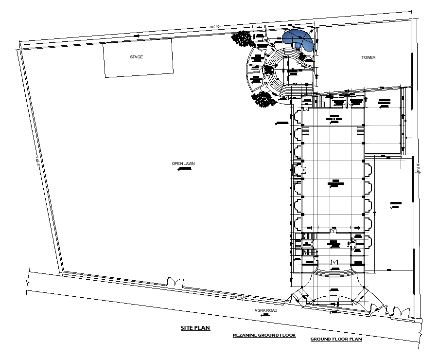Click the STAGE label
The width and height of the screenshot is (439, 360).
pos(136,57)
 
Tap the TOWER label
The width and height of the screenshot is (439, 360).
pos(368,57)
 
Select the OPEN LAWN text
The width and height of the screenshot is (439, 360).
pos(183,163)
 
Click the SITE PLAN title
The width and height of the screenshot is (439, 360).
pos(195,328)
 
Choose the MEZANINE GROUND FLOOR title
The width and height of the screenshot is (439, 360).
pos(263,335)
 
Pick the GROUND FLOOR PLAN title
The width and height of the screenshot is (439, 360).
pos(336,339)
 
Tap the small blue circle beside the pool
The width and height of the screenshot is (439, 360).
pos(298,46)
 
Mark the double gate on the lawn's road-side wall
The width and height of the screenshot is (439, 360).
pos(175,282)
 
